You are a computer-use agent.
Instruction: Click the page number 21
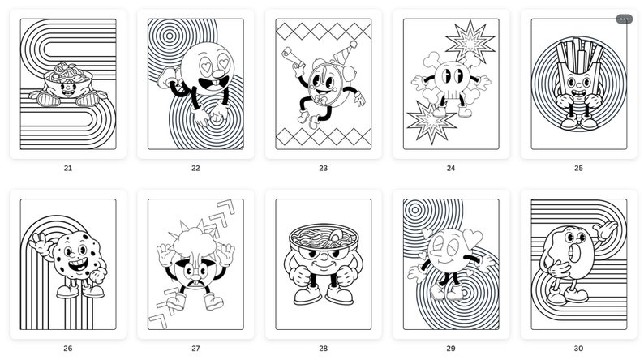coord(67,169)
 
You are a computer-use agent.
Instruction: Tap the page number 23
coord(323,169)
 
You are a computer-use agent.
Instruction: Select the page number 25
coord(578,169)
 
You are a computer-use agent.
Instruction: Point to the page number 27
coord(195,349)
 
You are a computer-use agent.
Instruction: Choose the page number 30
coord(578,349)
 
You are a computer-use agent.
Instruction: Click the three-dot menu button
coord(624,19)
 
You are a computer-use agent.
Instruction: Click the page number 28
coord(323,349)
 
